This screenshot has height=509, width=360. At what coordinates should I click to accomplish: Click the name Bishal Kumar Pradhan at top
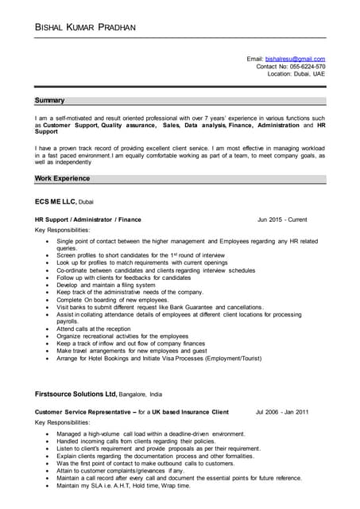[x=85, y=28]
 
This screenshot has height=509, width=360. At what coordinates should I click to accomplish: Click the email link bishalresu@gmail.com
[x=295, y=59]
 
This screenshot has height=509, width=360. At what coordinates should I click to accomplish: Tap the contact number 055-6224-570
[x=307, y=66]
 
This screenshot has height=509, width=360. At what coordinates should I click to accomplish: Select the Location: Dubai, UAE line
[x=296, y=74]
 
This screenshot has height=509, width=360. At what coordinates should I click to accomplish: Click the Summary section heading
[x=49, y=101]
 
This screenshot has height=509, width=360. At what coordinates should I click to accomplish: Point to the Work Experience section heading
[x=62, y=179]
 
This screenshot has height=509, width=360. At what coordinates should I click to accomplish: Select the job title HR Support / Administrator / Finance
[x=88, y=219]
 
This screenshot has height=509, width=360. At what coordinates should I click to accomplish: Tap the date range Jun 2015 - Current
[x=282, y=219]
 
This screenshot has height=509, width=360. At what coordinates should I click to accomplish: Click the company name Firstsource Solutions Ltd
[x=76, y=394]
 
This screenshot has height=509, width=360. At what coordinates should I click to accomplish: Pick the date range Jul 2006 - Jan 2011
[x=282, y=412]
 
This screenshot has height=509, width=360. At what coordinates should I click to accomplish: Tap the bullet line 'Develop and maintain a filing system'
[x=106, y=285]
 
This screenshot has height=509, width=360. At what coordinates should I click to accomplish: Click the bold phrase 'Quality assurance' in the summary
[x=128, y=126]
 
